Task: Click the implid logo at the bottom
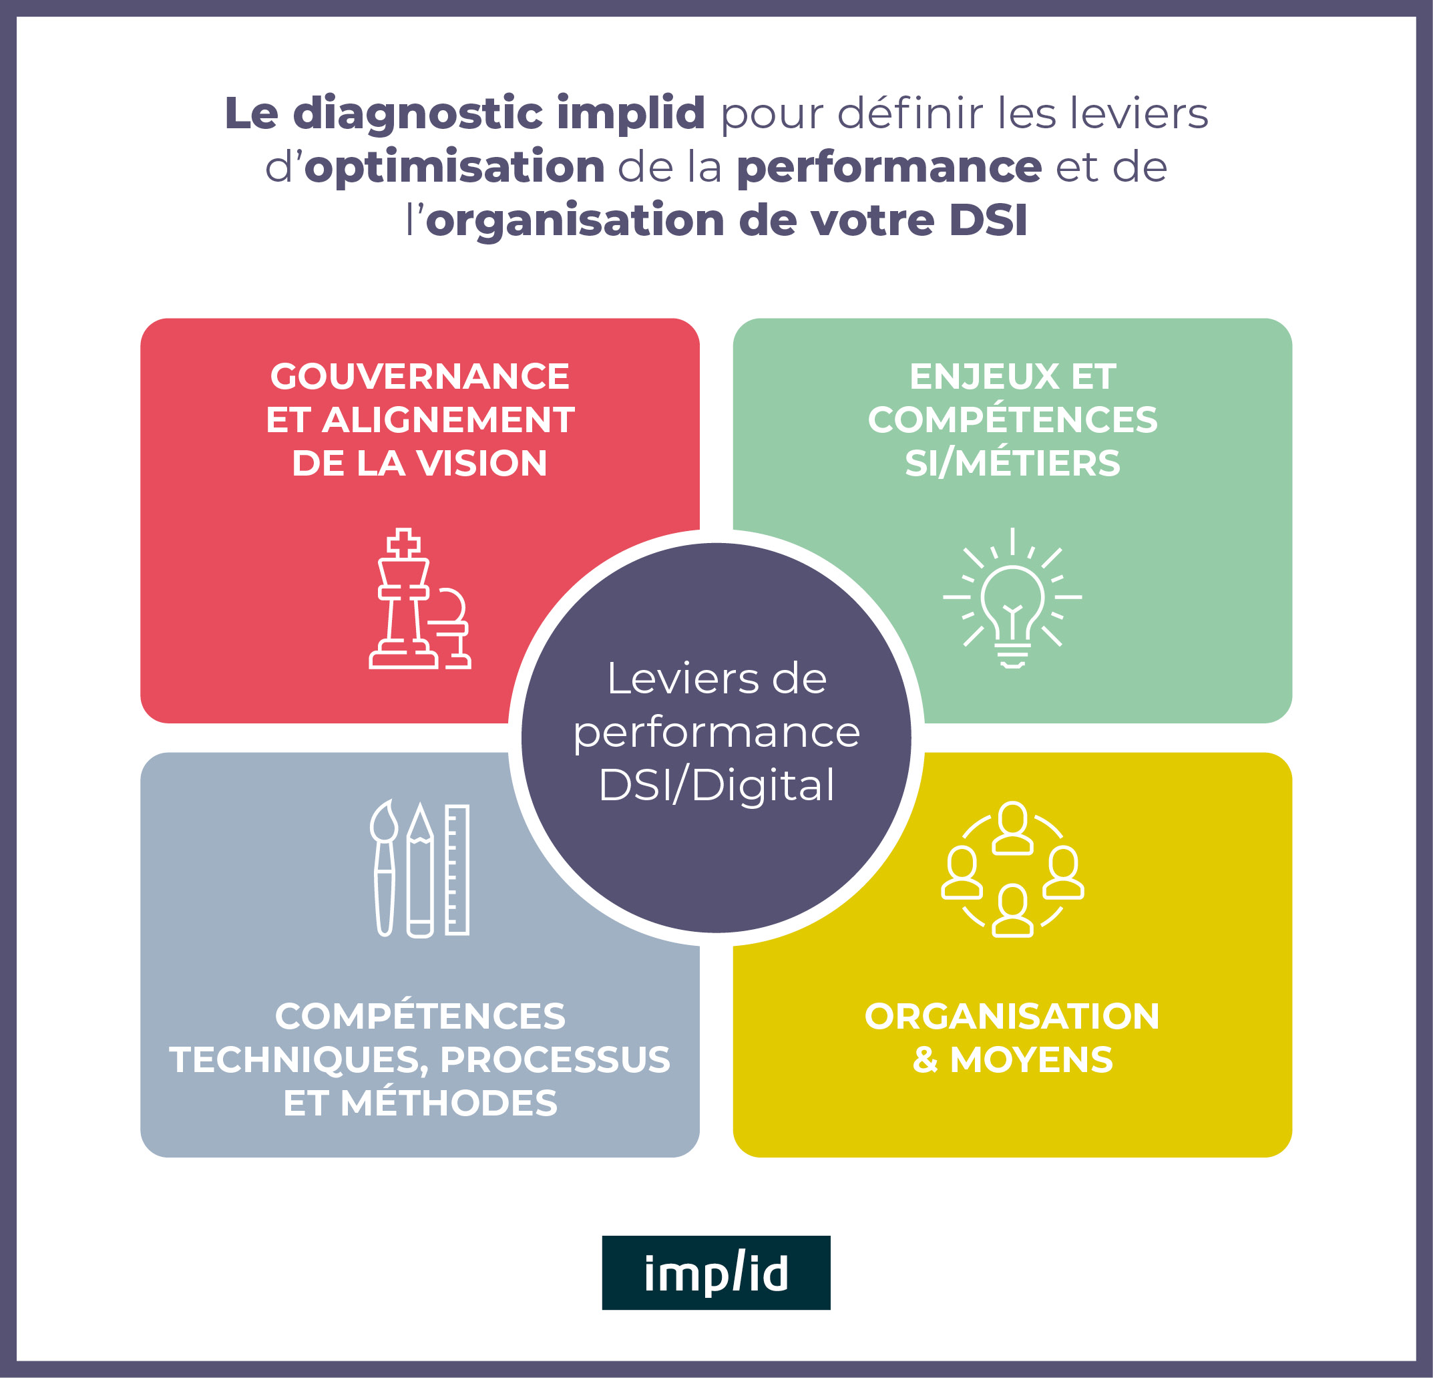click(716, 1272)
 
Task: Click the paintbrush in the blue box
click(384, 868)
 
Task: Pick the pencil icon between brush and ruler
click(419, 870)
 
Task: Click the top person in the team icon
click(1012, 827)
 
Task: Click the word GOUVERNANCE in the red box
click(419, 377)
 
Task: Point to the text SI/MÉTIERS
click(1012, 463)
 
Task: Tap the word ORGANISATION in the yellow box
click(1012, 1016)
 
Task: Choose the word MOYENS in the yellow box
click(1031, 1059)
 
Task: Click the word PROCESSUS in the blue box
click(555, 1059)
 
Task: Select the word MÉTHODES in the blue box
click(448, 1103)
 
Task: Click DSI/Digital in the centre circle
click(716, 785)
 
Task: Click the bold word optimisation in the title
click(454, 167)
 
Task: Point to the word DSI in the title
click(988, 220)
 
